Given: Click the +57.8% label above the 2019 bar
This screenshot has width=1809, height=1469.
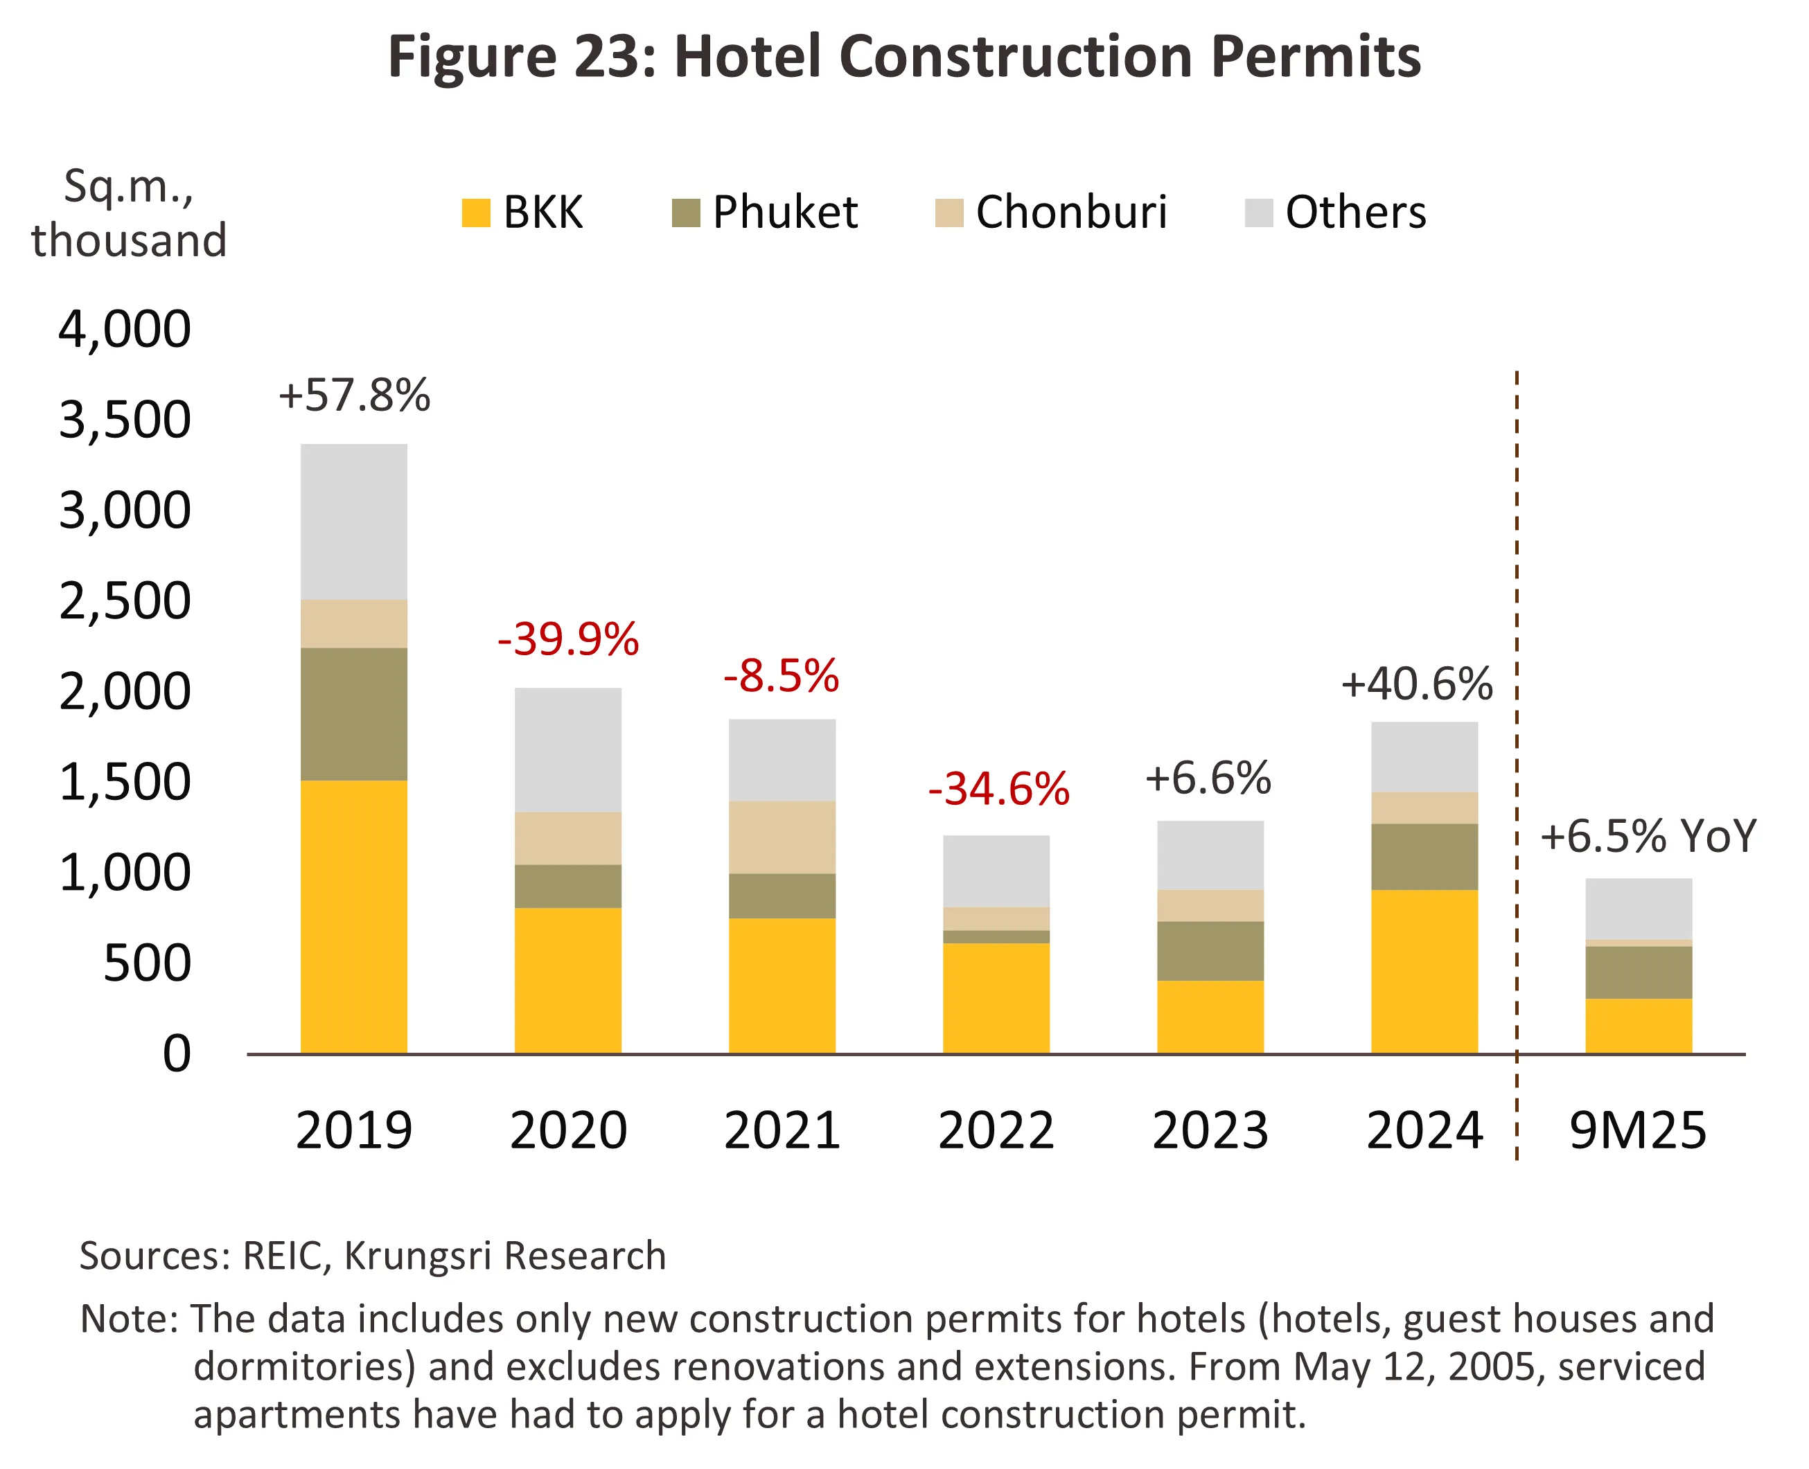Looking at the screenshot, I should click(354, 395).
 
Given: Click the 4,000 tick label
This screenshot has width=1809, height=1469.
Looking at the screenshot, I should click(125, 328).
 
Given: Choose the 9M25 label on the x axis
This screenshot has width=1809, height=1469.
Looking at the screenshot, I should click(1637, 1130).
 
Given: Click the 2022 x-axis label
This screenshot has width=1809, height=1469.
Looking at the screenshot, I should click(996, 1130).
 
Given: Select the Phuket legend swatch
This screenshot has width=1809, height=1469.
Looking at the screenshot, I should click(686, 213).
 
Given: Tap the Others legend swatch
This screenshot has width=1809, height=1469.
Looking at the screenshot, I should click(1259, 213).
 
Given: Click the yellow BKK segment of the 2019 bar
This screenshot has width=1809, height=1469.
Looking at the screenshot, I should click(354, 916).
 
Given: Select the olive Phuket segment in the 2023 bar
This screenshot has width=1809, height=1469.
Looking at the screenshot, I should click(1210, 951).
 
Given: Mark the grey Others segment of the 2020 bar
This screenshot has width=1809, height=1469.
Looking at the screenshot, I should click(567, 749).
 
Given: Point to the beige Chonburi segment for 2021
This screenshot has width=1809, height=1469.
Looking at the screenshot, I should click(782, 837).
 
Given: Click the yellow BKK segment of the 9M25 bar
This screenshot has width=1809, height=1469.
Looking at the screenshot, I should click(1638, 1026).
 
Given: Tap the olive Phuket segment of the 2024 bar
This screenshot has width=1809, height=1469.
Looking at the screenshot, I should click(1424, 856).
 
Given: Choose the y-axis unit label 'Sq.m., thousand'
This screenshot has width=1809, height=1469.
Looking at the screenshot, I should click(129, 213).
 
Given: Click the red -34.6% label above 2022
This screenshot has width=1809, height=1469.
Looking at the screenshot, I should click(998, 789).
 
